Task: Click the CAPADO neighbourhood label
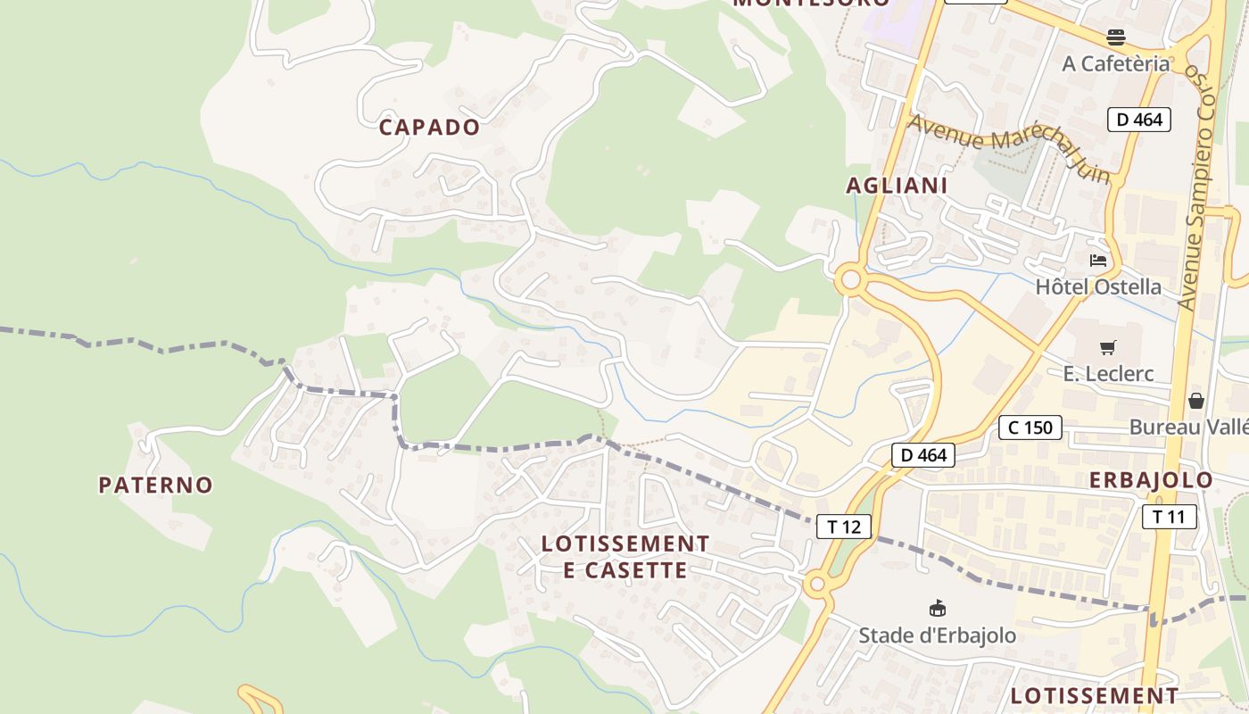pyautogui.click(x=429, y=127)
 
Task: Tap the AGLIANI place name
pyautogui.click(x=897, y=185)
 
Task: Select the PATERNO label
pyautogui.click(x=155, y=485)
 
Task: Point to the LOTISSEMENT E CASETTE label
pyautogui.click(x=625, y=556)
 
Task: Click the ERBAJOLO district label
pyautogui.click(x=1151, y=479)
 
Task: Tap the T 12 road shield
pyautogui.click(x=843, y=527)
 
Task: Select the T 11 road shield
pyautogui.click(x=1169, y=516)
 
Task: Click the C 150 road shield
pyautogui.click(x=1030, y=428)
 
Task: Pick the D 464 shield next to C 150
pyautogui.click(x=923, y=455)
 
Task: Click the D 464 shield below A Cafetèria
pyautogui.click(x=1138, y=119)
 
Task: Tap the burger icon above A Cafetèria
pyautogui.click(x=1115, y=37)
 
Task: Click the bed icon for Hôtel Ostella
pyautogui.click(x=1098, y=261)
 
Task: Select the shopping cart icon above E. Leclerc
pyautogui.click(x=1108, y=347)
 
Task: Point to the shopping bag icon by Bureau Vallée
pyautogui.click(x=1195, y=401)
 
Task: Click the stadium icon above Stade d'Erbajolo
pyautogui.click(x=937, y=609)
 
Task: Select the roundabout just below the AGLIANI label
pyautogui.click(x=851, y=281)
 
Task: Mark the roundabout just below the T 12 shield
pyautogui.click(x=815, y=585)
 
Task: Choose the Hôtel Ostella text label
pyautogui.click(x=1098, y=286)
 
